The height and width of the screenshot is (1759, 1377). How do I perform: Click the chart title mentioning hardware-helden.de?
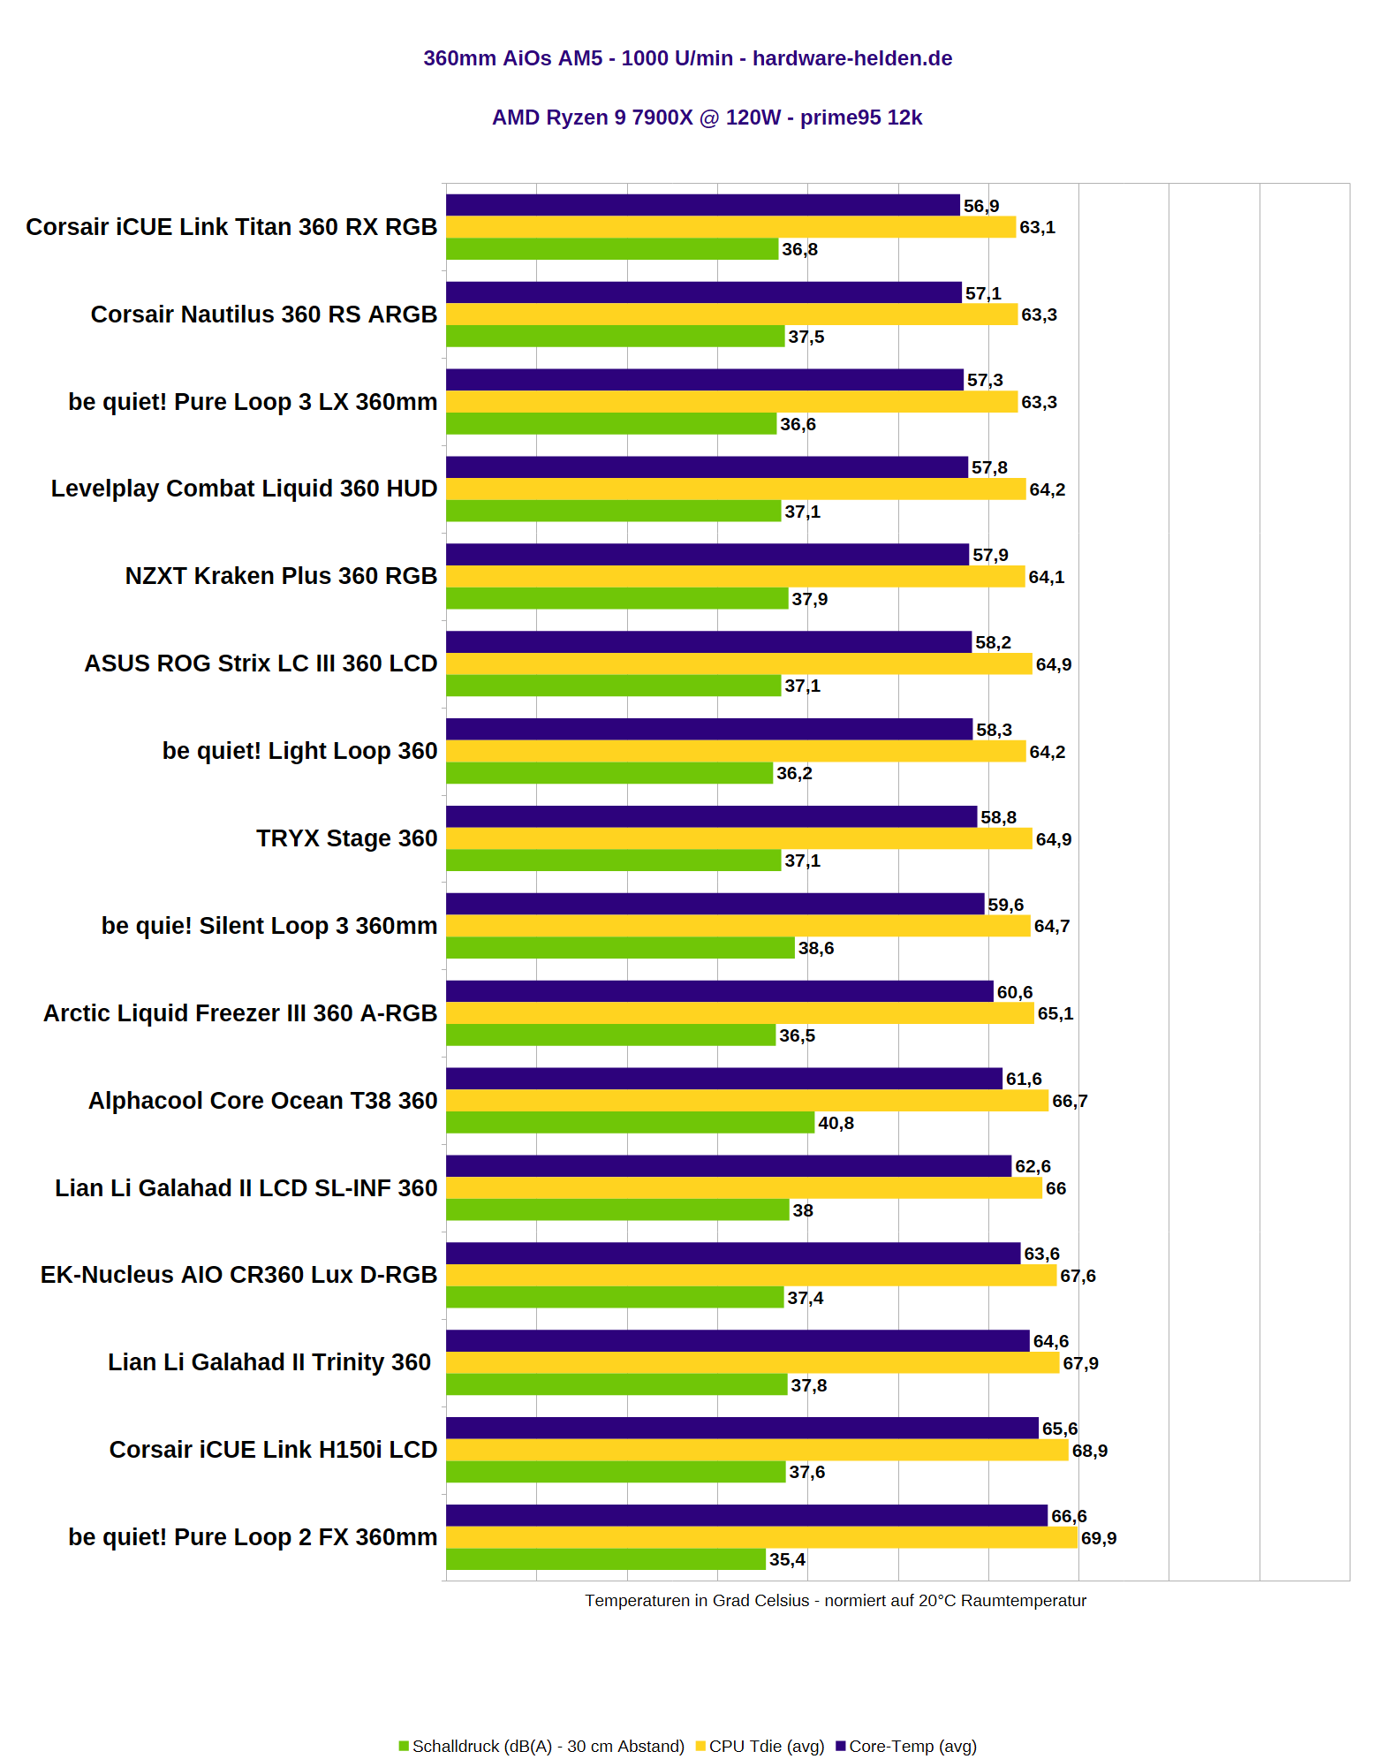[687, 58]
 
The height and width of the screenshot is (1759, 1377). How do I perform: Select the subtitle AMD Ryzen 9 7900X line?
[707, 118]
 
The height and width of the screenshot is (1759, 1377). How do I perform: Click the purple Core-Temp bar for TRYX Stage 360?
[711, 816]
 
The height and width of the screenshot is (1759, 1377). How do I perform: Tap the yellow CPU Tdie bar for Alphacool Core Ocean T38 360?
[746, 1101]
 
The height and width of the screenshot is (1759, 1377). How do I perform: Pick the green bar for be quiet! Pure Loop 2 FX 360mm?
[605, 1559]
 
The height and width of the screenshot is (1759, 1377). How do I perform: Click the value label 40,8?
[836, 1123]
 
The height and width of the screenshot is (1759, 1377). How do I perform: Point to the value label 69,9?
[1099, 1538]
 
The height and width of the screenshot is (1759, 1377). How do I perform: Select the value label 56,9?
[981, 206]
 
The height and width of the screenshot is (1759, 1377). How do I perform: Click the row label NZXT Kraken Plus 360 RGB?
[281, 576]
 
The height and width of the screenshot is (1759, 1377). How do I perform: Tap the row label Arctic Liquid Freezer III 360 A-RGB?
[240, 1013]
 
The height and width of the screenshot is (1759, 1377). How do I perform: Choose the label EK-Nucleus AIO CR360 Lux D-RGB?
[238, 1275]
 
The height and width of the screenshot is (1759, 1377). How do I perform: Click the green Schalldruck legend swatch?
[404, 1746]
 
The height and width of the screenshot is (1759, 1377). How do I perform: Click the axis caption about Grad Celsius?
[835, 1601]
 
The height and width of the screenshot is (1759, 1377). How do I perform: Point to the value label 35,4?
[787, 1559]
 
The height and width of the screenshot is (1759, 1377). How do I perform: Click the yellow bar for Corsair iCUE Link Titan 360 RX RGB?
[730, 227]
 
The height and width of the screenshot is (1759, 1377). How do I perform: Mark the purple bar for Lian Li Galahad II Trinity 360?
[738, 1341]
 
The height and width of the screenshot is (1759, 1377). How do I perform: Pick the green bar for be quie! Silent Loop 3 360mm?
[620, 948]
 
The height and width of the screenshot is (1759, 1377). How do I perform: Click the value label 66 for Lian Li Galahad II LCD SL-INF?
[1055, 1188]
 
